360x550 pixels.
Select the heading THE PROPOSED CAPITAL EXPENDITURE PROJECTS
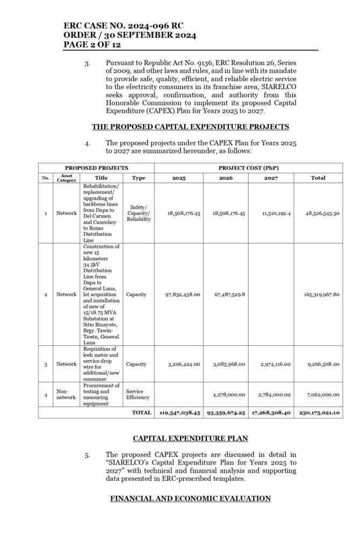190,127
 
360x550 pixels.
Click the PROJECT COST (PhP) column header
248,168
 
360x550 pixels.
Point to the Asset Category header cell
67,178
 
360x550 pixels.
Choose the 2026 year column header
225,178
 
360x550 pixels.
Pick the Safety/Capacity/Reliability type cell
139,213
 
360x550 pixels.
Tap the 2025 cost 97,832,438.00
179,294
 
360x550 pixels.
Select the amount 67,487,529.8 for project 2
225,294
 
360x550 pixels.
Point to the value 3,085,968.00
225,364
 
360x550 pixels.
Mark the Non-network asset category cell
67,394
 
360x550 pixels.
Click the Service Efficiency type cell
139,394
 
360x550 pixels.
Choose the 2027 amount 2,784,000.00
271,394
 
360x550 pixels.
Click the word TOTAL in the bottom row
141,412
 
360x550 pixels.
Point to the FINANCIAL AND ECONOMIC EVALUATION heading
190,498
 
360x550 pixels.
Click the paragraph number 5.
87,455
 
